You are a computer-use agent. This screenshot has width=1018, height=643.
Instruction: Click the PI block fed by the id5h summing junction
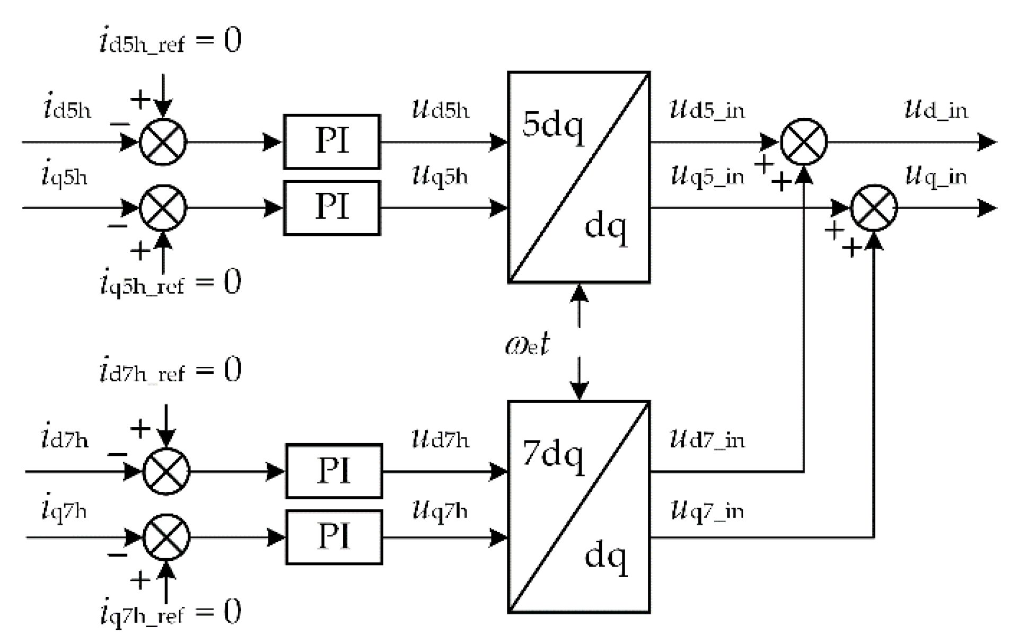pos(331,142)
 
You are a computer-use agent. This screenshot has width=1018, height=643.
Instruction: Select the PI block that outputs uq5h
pos(331,207)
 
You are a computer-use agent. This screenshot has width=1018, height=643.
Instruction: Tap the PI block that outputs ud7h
pos(334,471)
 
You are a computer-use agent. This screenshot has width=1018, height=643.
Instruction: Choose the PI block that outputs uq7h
pos(334,537)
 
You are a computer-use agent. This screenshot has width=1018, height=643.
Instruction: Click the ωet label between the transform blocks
pos(527,345)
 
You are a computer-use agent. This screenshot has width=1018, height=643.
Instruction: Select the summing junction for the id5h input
pos(163,142)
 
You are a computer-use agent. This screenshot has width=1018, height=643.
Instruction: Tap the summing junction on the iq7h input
pos(166,537)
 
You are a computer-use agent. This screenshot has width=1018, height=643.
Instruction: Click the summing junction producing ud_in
pos(804,142)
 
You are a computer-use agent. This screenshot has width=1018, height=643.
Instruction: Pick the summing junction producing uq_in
pos(874,207)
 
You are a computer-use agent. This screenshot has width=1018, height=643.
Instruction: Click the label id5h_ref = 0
pos(170,41)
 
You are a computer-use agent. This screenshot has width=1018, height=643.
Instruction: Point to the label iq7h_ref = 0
pos(170,613)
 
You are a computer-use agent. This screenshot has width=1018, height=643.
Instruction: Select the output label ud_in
pos(936,110)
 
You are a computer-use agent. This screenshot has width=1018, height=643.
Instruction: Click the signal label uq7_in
pos(707,511)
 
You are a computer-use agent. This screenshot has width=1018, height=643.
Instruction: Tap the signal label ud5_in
pos(707,110)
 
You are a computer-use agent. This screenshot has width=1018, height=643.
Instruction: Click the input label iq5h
pos(64,175)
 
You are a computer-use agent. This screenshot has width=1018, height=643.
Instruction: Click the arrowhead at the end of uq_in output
pos(987,207)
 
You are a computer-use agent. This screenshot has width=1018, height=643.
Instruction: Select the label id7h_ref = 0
pos(170,370)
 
